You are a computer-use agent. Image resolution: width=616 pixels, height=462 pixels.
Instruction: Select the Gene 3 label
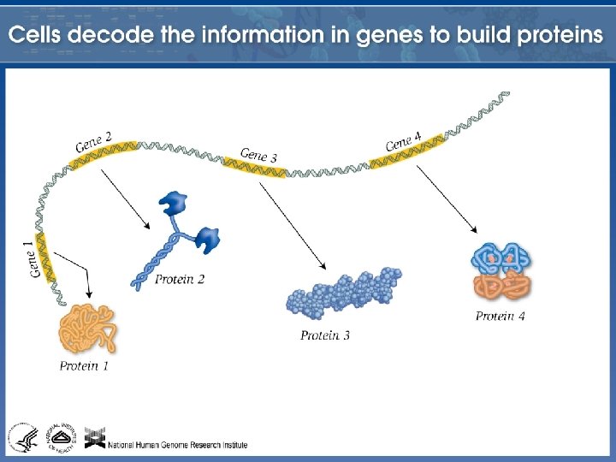pos(258,155)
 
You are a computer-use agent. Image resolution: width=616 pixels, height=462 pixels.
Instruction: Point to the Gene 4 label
pos(404,141)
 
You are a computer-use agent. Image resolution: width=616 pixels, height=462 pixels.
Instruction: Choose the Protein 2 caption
pos(180,279)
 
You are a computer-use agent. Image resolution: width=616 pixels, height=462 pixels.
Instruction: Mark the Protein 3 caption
pos(325,335)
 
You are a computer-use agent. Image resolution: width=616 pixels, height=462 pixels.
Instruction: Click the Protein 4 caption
pos(500,317)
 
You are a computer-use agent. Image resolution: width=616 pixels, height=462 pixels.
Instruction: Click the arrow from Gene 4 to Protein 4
pos(447,199)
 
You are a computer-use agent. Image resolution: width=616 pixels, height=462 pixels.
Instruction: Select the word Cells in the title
pos(38,36)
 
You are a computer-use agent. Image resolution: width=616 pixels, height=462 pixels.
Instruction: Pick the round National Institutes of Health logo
pos(61,435)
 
